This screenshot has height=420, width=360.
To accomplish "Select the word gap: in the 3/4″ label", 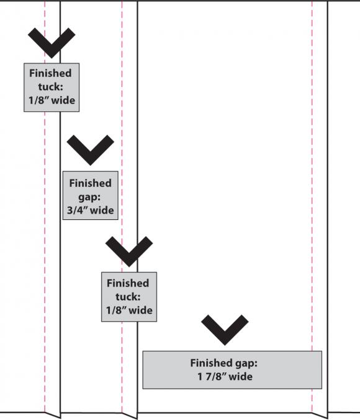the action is (x=89, y=198).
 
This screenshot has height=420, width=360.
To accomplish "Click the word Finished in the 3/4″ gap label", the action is (x=91, y=183).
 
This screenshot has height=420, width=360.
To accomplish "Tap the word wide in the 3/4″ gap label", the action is (x=102, y=210).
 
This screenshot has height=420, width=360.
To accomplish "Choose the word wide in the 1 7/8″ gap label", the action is (x=241, y=377).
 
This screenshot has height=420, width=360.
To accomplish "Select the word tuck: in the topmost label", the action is (x=51, y=87).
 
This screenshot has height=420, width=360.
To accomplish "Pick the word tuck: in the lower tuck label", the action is (x=128, y=297).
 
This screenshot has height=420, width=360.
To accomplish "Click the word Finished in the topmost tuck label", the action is (x=50, y=73).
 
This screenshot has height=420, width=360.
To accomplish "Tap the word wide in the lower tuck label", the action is (x=140, y=311).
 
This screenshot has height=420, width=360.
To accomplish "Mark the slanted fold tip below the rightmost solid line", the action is (x=327, y=418).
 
